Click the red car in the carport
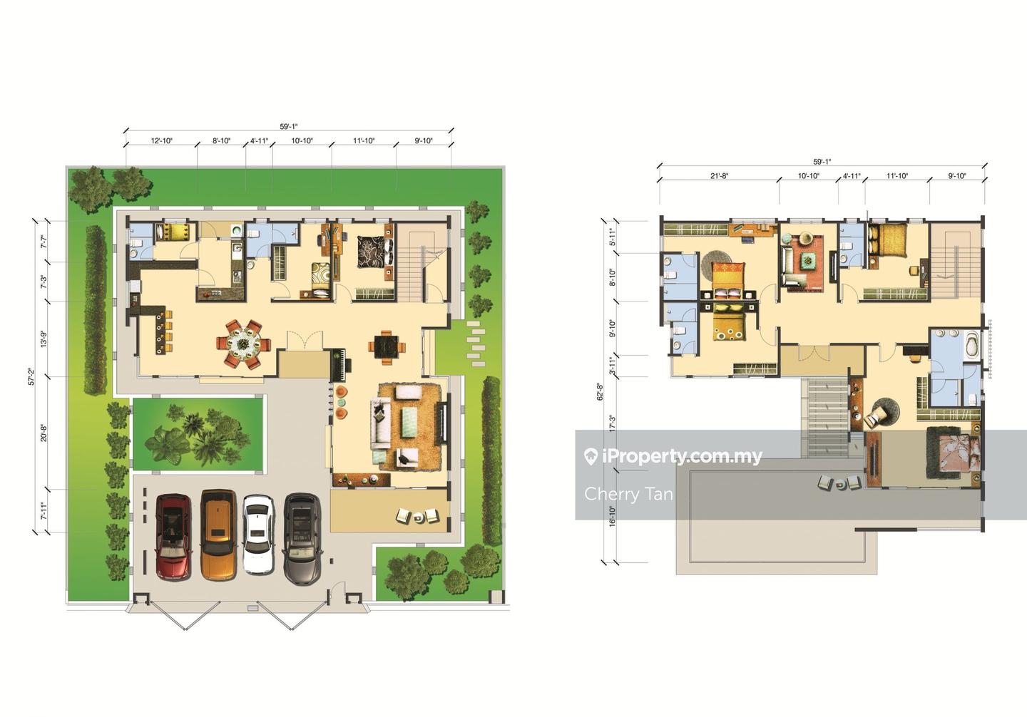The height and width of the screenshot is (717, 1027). pos(174,537)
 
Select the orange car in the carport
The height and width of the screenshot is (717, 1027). pos(219,535)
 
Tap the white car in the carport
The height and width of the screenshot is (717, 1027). pos(259,535)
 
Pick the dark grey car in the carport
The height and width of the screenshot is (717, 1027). pos(301,538)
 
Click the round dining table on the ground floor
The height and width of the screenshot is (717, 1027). pos(243,343)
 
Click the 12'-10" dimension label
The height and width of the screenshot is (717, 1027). pos(161,140)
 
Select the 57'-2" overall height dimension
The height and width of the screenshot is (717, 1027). pos(31,376)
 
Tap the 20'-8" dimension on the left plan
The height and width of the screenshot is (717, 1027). pos(44,433)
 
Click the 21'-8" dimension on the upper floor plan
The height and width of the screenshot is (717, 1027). pos(719,175)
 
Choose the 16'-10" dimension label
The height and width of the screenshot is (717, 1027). pos(612,516)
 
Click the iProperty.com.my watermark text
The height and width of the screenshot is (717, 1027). pos(673,456)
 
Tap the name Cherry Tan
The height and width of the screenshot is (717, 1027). pos(628,493)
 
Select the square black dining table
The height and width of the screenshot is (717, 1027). pos(387,347)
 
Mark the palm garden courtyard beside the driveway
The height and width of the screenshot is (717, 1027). pos(198,434)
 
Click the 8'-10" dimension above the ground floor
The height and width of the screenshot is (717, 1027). pos(221,140)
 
